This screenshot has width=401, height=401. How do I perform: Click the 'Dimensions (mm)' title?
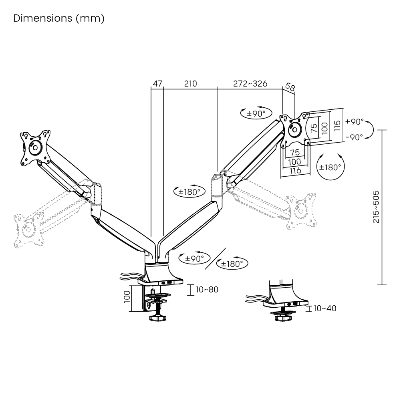(59, 18)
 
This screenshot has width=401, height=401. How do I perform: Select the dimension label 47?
(157, 84)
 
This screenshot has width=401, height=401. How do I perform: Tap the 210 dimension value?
(191, 84)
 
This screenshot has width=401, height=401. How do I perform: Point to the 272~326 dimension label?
(250, 84)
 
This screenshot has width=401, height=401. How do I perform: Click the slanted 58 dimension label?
(290, 87)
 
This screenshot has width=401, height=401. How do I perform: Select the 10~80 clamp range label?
(207, 289)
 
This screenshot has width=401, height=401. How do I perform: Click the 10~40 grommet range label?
(324, 308)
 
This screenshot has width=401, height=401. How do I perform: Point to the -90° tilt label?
(354, 137)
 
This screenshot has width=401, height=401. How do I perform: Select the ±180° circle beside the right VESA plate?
(330, 167)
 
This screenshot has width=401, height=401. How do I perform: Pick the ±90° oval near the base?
(195, 259)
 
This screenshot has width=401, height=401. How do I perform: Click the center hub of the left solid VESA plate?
(34, 147)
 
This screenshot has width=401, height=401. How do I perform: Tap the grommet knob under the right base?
(283, 318)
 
